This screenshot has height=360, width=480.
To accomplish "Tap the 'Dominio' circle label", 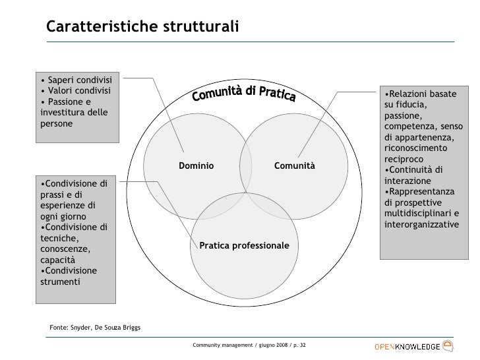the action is coord(196,165).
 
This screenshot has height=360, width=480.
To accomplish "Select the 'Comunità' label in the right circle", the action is coord(295,165).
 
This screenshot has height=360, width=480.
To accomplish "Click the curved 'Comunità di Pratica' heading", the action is coord(244,97).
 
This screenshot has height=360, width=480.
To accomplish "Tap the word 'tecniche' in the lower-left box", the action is coord(58,239).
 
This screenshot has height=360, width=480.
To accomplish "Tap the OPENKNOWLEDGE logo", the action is coord(413,346).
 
